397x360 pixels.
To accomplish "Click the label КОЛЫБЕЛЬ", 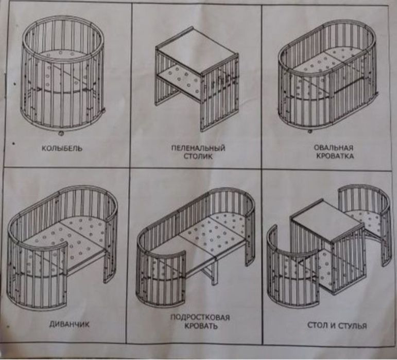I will click(63, 149).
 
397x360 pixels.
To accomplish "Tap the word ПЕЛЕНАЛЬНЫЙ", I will click(198, 148).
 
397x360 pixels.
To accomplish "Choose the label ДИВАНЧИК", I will click(59, 325).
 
